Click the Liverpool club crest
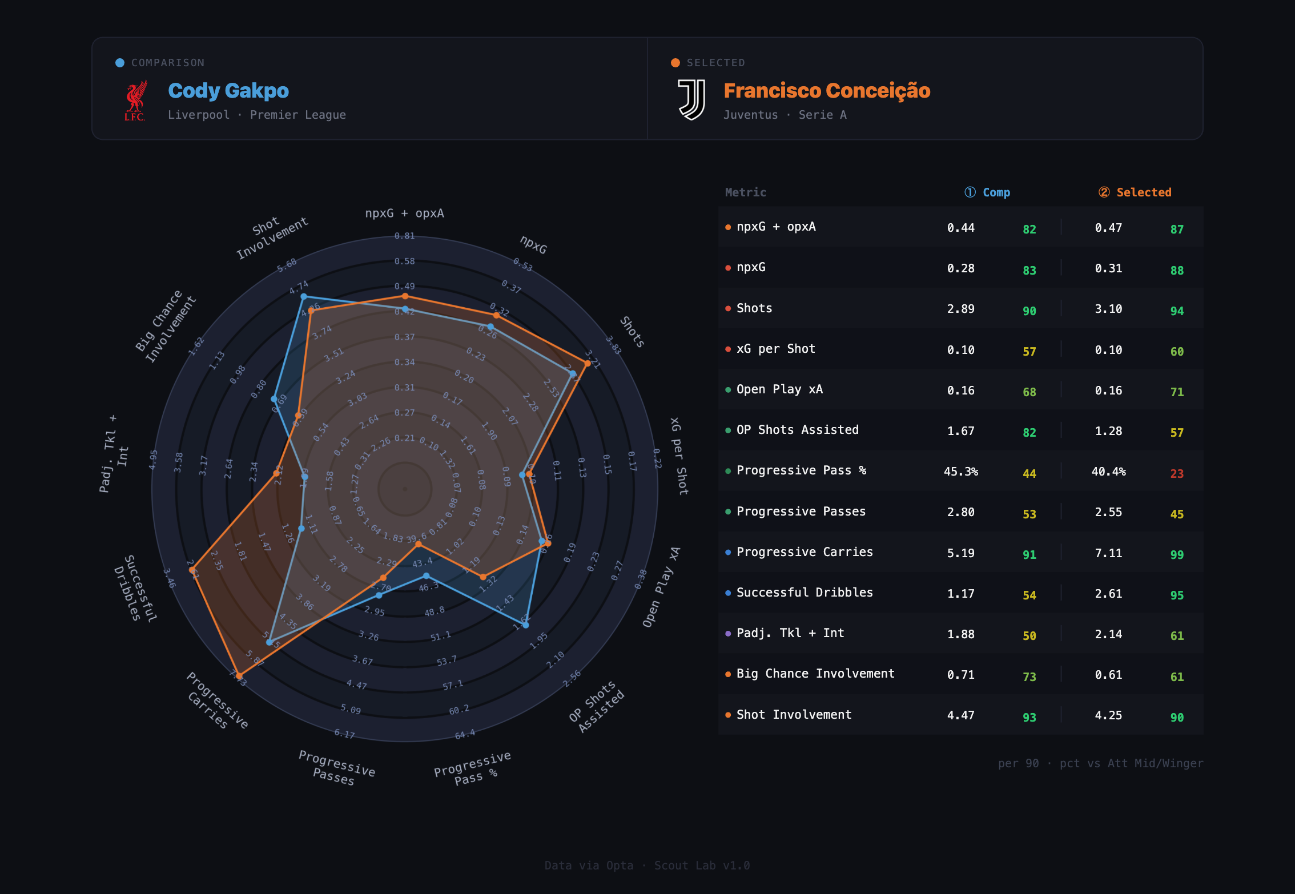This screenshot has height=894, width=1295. point(135,100)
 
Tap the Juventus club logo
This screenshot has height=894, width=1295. point(691,100)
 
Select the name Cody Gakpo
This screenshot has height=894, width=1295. point(228,91)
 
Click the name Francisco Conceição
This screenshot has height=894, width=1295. point(827,91)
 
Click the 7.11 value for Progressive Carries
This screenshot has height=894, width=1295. point(1108,553)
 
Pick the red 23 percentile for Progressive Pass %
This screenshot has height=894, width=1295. point(1177,473)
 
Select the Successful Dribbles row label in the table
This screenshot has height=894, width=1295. point(805,593)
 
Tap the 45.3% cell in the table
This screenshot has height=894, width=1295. point(961,472)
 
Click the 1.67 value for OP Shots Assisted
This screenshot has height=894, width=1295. point(961,431)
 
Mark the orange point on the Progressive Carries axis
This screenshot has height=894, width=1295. point(239,676)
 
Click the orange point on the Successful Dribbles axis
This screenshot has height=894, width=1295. point(192,570)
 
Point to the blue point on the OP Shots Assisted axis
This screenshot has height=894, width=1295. point(526,625)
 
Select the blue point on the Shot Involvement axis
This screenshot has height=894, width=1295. point(304,297)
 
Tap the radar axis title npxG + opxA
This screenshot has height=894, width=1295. point(404,214)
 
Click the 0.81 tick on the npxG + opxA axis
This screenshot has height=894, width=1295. point(404,236)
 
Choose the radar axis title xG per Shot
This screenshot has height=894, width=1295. point(679,456)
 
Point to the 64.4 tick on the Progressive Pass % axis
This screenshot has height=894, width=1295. point(465,734)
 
